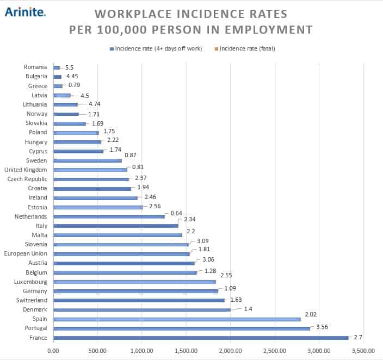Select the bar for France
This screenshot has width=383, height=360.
coord(201,338)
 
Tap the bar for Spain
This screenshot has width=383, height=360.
coord(177,319)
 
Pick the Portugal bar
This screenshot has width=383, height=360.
coord(182,328)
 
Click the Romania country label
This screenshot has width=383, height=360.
coord(35,67)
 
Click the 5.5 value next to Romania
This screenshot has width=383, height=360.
coord(69,67)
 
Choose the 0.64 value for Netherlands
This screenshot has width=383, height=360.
coord(176,213)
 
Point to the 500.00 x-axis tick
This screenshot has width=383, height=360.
coord(97,351)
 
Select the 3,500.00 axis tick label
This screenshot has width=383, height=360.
coord(362,351)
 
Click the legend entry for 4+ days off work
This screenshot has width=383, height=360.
coord(158,49)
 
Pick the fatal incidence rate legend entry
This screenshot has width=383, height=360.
coord(248,49)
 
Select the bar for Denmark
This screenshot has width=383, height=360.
coord(142,310)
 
